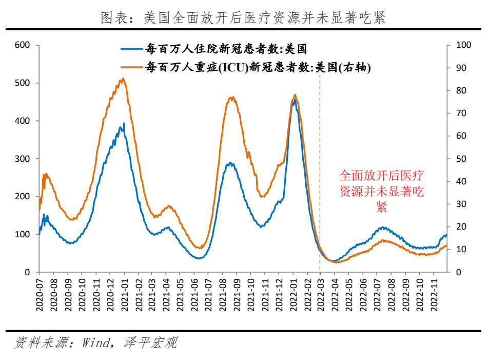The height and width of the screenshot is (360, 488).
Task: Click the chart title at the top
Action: point(243,18)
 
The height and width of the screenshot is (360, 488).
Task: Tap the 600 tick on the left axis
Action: point(24,45)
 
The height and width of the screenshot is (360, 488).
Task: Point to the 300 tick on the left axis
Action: point(24,159)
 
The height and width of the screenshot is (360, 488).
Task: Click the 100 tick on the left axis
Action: point(24,234)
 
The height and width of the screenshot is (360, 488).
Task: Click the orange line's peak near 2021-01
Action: point(122,79)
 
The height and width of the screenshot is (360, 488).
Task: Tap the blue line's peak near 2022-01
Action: point(294,101)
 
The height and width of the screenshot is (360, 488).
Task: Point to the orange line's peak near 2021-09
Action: point(232,97)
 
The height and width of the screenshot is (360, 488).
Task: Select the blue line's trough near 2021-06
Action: point(199,258)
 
